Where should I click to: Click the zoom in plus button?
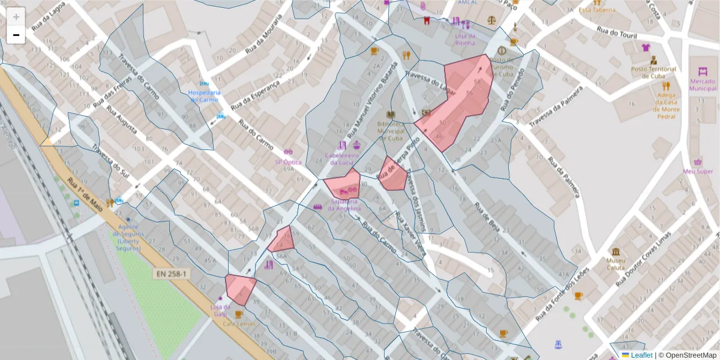click(x=16, y=17)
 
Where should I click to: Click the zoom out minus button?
click(x=16, y=35)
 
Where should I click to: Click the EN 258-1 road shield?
click(x=173, y=274)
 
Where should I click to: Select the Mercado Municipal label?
click(x=703, y=85)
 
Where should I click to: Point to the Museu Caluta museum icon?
click(x=616, y=251)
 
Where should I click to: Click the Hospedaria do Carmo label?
click(x=203, y=96)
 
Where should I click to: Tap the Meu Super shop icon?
click(x=698, y=161)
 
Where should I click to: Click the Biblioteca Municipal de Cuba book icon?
click(x=391, y=115)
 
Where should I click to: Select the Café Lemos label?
click(x=239, y=324)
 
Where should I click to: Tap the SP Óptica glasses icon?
click(x=288, y=152)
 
